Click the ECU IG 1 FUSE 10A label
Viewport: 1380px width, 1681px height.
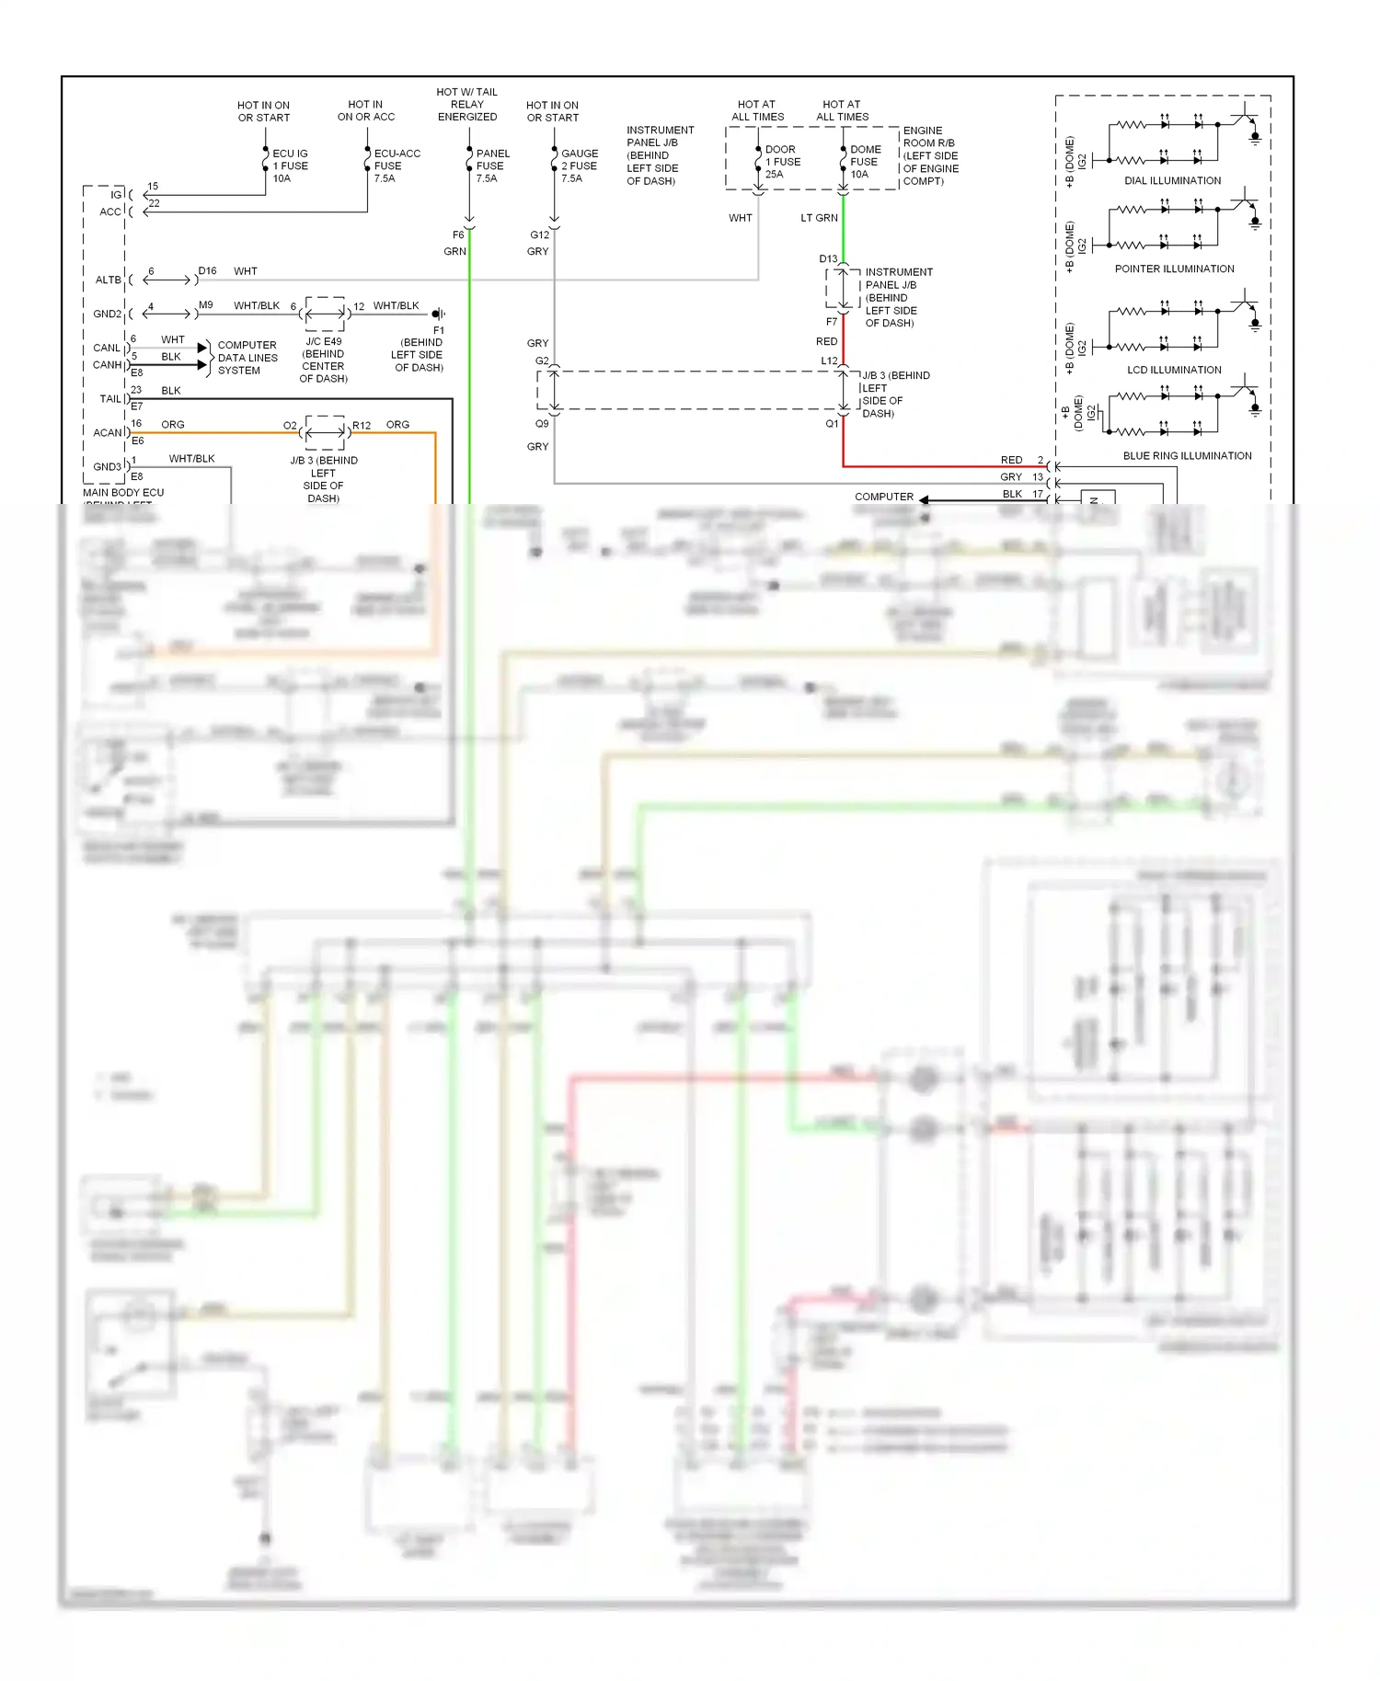coord(290,166)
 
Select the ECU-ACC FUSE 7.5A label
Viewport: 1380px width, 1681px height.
coord(397,166)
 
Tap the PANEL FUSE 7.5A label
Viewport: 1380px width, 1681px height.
coord(492,166)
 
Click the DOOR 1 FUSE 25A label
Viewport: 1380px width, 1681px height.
coord(782,162)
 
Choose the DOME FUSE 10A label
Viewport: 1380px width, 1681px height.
coord(865,162)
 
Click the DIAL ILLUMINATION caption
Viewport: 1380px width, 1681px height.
coord(1172,181)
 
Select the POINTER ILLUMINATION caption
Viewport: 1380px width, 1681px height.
coord(1174,269)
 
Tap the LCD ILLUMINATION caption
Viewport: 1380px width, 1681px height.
coord(1174,371)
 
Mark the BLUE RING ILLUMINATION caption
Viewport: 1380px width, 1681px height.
coord(1187,456)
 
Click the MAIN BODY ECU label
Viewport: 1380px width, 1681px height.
coord(123,493)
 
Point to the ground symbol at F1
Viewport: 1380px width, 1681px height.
coord(439,314)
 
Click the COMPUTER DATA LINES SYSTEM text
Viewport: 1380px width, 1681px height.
coord(247,358)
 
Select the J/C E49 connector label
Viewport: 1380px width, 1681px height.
coord(324,342)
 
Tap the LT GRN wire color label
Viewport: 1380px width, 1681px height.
coord(819,219)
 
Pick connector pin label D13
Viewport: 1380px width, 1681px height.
coord(828,259)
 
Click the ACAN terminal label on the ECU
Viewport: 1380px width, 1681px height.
coord(108,433)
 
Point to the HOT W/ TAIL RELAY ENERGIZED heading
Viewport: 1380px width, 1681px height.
coord(466,105)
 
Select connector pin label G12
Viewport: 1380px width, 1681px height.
coord(539,235)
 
